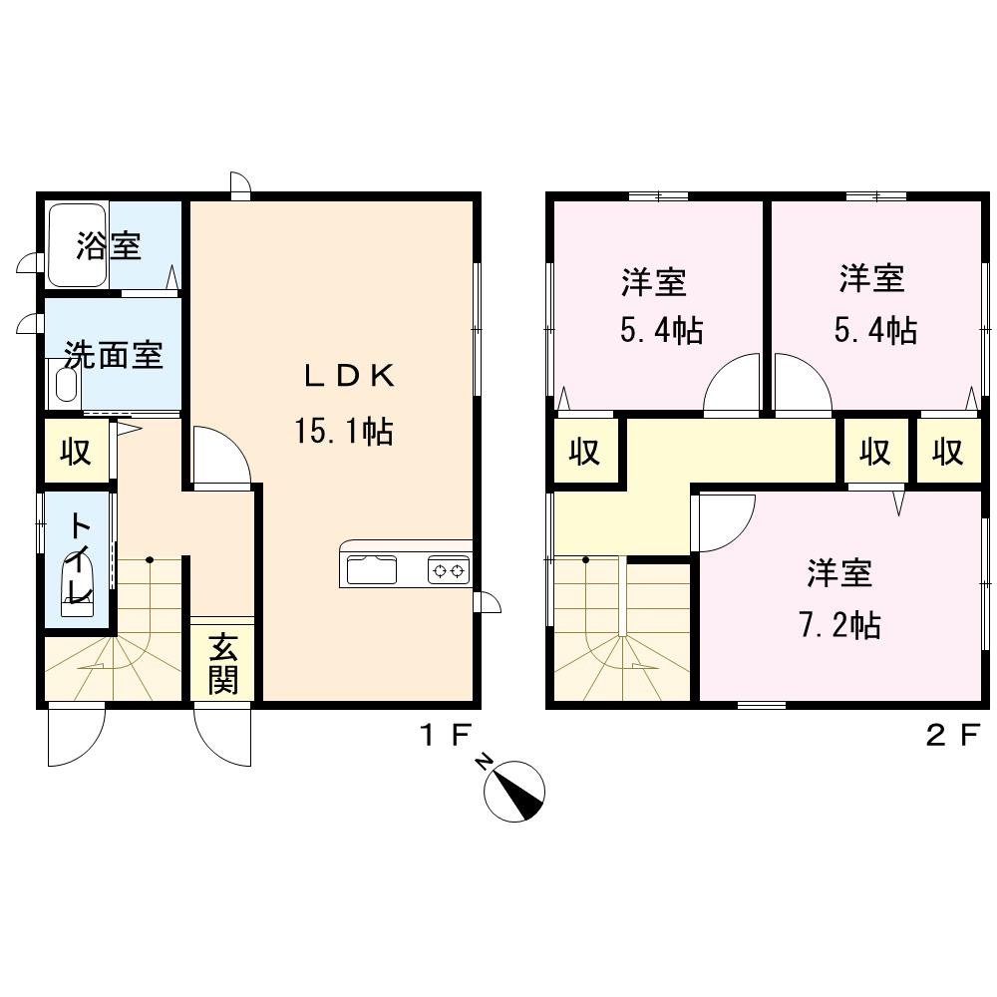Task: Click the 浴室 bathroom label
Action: pos(109,245)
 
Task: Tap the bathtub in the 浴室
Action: pos(78,245)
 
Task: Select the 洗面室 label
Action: pos(115,355)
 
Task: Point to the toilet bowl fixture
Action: pos(77,585)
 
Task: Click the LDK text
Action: pos(349,377)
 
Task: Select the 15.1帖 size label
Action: pos(343,431)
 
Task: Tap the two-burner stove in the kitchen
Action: pos(449,570)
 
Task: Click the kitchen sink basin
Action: pos(371,569)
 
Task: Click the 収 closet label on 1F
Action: pos(76,451)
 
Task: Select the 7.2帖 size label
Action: pos(839,625)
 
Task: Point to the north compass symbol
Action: pos(513,791)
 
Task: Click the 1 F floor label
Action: pos(445,737)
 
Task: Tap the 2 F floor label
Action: pos(952,737)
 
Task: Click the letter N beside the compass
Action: pos(486,762)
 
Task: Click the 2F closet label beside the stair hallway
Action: pos(584,451)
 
